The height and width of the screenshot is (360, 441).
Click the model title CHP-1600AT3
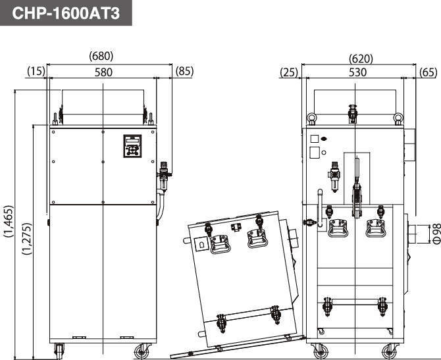[x=66, y=13]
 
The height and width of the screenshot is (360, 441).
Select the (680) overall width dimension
[x=101, y=56]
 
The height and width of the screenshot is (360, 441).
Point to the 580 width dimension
[x=103, y=72]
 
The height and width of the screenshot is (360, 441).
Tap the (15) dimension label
[x=36, y=71]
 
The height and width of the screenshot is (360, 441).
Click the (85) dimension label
[x=184, y=71]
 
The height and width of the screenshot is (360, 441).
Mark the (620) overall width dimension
[x=361, y=59]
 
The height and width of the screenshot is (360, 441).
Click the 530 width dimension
[x=357, y=72]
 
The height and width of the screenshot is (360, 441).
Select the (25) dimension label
[x=289, y=72]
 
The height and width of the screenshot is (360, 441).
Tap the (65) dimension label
[x=428, y=72]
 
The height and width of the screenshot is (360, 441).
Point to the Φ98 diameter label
[x=436, y=234]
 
